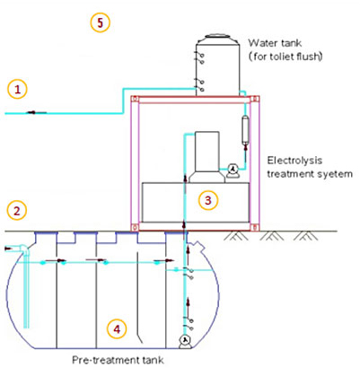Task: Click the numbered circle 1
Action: (17, 89)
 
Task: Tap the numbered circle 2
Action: (17, 211)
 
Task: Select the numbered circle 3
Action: (208, 200)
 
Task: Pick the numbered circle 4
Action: (117, 329)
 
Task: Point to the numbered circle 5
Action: (101, 22)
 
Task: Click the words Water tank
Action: (275, 43)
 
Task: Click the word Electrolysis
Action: (294, 161)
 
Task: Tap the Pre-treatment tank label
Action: (118, 360)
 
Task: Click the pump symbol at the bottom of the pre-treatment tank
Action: (185, 341)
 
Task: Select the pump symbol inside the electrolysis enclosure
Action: (233, 171)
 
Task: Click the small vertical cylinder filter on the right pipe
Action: (245, 131)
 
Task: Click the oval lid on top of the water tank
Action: (217, 36)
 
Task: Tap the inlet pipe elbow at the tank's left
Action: (24, 249)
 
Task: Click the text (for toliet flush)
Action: (285, 57)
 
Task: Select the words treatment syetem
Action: (310, 174)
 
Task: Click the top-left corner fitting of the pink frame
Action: (135, 99)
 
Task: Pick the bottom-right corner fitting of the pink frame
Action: (255, 228)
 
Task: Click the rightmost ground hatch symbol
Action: (305, 236)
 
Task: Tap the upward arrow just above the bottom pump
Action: (188, 305)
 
